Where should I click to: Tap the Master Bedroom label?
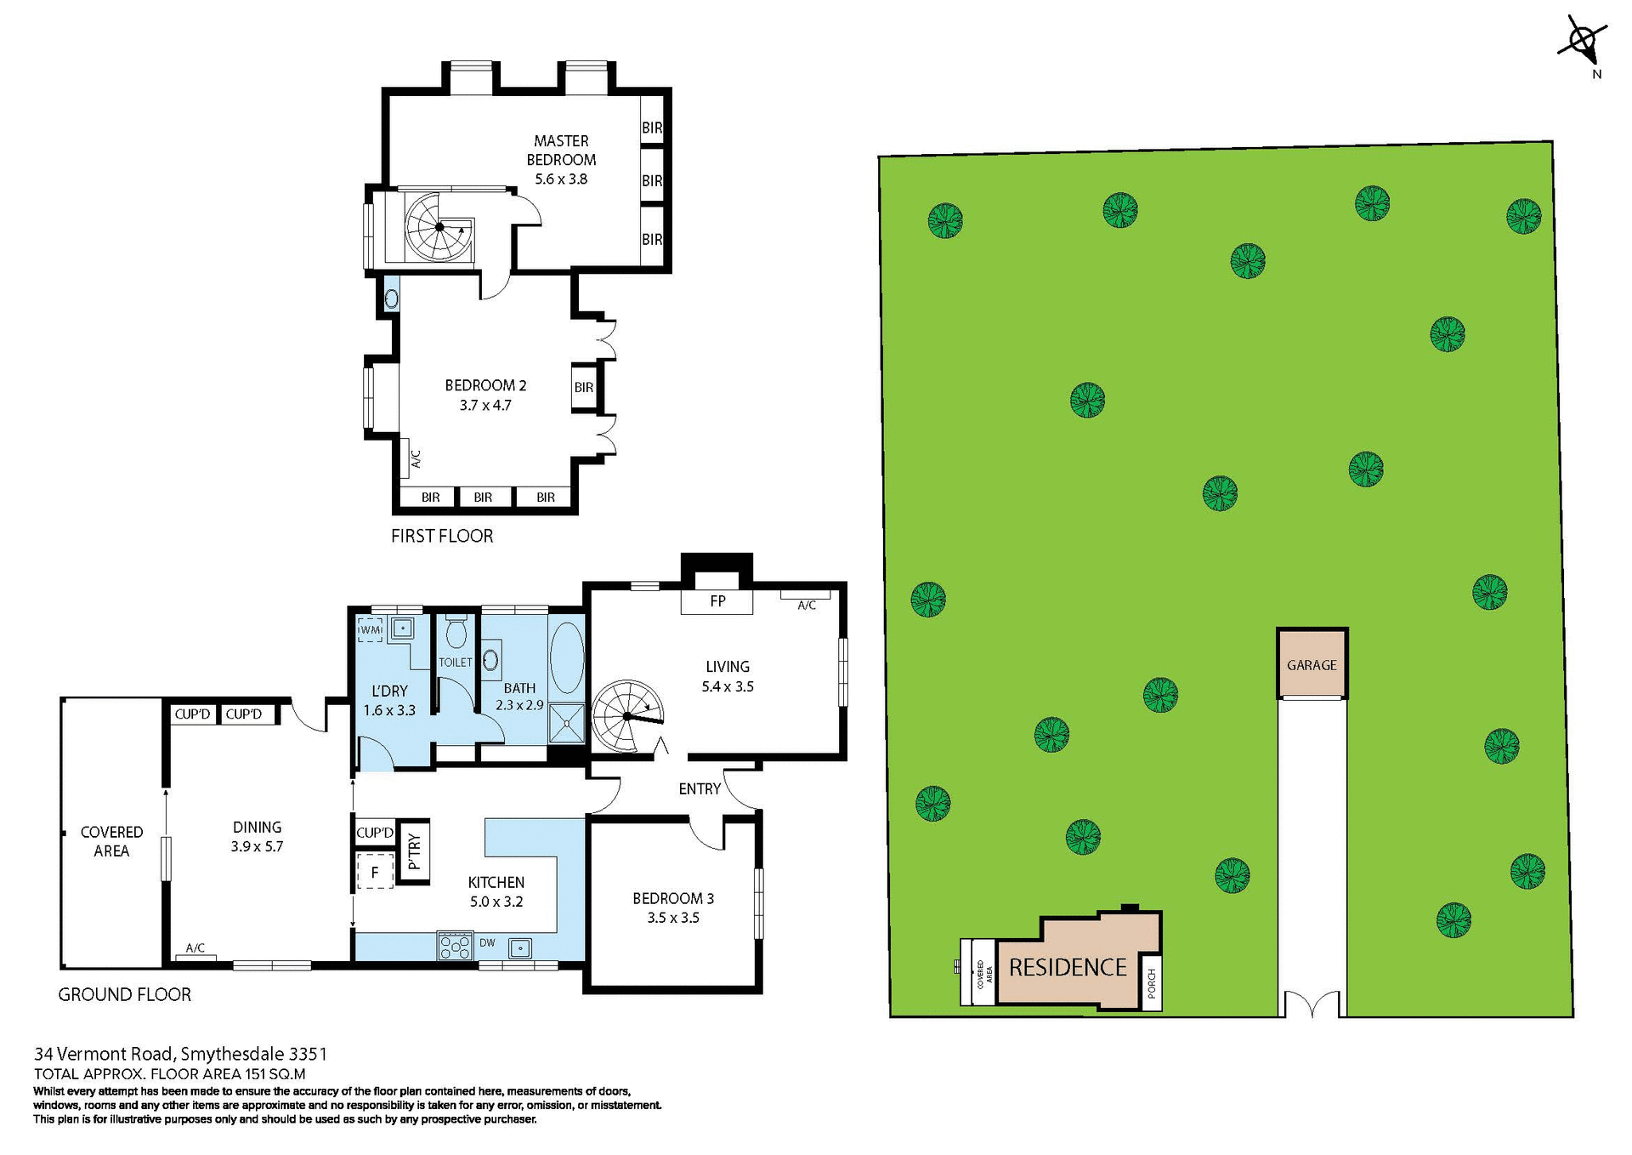[561, 151]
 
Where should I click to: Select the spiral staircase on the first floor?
[439, 227]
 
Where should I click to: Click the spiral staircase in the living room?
[626, 716]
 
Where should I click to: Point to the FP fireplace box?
[717, 601]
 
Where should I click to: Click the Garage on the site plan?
[1312, 665]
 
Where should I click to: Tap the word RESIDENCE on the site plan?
[1068, 967]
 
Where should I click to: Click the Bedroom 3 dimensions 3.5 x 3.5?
[673, 918]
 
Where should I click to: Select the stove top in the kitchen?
[455, 946]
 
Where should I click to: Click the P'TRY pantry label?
[414, 851]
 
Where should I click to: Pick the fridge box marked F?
[374, 873]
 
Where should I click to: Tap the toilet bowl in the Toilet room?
[456, 633]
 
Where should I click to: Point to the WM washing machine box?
[371, 630]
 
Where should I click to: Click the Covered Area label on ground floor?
[111, 841]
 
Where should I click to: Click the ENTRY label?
[700, 788]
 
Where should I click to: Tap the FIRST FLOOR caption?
[442, 536]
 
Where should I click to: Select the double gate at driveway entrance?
[1312, 1004]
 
